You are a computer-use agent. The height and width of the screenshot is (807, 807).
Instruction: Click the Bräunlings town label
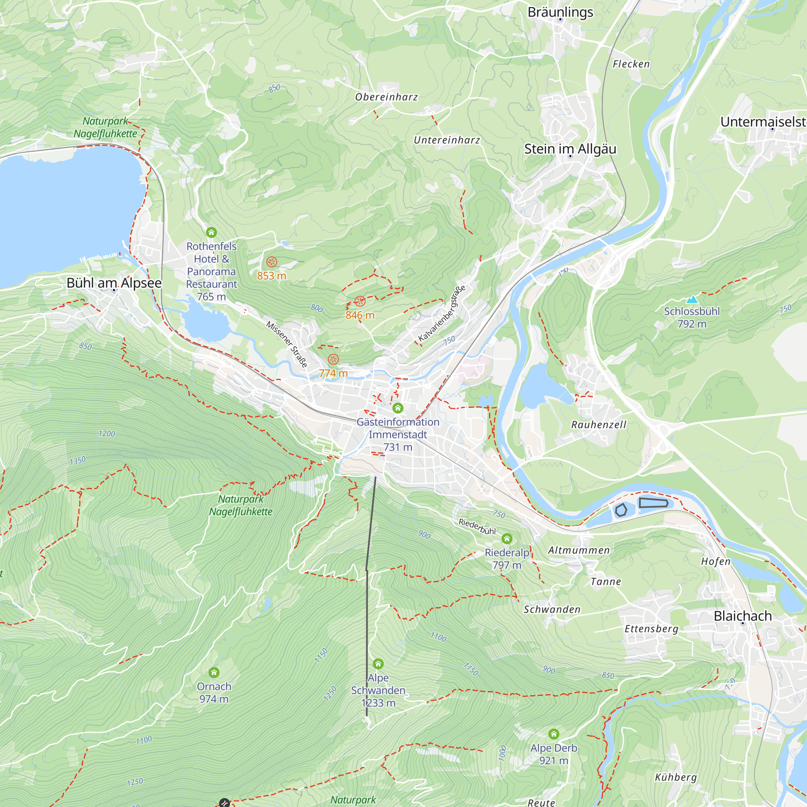[560, 12]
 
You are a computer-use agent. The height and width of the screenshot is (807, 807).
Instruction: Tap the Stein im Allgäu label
[570, 149]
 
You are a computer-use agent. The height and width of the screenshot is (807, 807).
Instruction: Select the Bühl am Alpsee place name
[114, 283]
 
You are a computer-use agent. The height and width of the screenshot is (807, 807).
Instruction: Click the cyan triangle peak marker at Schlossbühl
[692, 299]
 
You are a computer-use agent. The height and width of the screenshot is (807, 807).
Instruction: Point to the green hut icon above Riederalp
[507, 538]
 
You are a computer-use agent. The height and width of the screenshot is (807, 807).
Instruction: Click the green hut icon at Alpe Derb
[554, 734]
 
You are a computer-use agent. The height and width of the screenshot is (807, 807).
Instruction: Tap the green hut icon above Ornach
[214, 672]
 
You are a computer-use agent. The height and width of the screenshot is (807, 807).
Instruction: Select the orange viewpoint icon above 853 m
[272, 262]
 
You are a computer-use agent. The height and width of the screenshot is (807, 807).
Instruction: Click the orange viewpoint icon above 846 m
[360, 301]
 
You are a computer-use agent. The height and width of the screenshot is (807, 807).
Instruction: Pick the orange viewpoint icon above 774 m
[333, 359]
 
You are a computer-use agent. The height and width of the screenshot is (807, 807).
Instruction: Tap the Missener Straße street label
[287, 344]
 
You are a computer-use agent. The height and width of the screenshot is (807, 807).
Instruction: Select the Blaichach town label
[743, 616]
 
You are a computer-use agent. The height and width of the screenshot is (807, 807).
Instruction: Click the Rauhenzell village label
[598, 425]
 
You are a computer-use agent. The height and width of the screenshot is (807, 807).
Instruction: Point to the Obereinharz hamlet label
[387, 97]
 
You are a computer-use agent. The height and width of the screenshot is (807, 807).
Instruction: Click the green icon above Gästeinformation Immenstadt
[398, 408]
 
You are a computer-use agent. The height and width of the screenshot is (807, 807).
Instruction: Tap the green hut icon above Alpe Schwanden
[378, 664]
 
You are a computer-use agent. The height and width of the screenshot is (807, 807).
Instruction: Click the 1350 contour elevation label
[78, 461]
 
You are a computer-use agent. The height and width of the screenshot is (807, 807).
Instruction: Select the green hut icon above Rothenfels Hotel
[211, 232]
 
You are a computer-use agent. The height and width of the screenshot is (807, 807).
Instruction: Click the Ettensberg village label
[651, 629]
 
